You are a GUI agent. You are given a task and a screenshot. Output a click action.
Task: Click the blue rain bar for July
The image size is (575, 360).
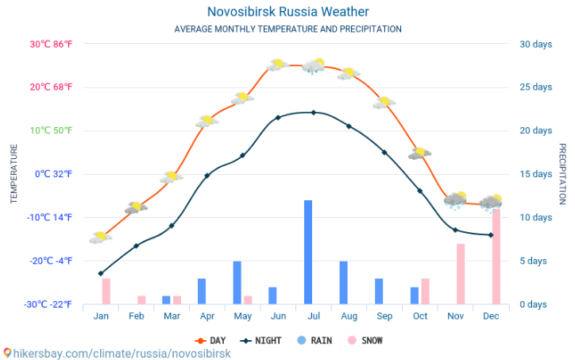click(307, 252)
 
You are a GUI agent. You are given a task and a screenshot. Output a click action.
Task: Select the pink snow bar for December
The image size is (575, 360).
click(496, 256)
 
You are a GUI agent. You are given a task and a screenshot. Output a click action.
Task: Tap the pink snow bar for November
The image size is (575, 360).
click(461, 273)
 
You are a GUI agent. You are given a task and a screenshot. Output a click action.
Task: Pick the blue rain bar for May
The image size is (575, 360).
click(237, 282)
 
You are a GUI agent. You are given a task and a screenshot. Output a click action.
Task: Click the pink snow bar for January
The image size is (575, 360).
click(106, 291)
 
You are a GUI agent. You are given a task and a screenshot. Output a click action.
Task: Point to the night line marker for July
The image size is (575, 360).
click(313, 112)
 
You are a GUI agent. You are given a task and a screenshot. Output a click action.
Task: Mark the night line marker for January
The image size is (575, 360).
click(101, 273)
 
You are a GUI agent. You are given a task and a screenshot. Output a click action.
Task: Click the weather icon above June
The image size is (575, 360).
click(277, 65)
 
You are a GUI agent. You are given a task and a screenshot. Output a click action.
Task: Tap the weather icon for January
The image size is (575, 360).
click(101, 236)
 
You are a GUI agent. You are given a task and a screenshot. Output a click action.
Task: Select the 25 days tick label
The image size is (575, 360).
click(535, 87)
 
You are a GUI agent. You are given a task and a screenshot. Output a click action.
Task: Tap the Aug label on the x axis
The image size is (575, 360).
click(349, 315)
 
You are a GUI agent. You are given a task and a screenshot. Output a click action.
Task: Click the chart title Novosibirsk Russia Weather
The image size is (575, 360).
click(287, 12)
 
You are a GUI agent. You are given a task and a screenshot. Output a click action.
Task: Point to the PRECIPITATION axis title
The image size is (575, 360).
click(562, 174)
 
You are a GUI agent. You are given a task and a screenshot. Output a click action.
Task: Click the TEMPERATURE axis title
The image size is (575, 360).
click(14, 174)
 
